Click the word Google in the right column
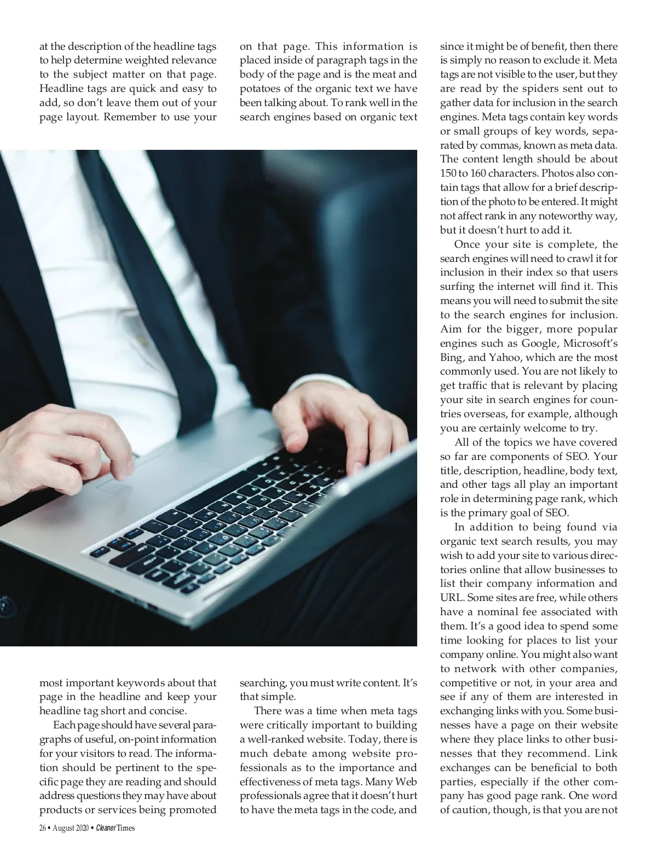pos(539,343)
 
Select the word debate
pos(290,754)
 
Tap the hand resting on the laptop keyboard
pos(312,421)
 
